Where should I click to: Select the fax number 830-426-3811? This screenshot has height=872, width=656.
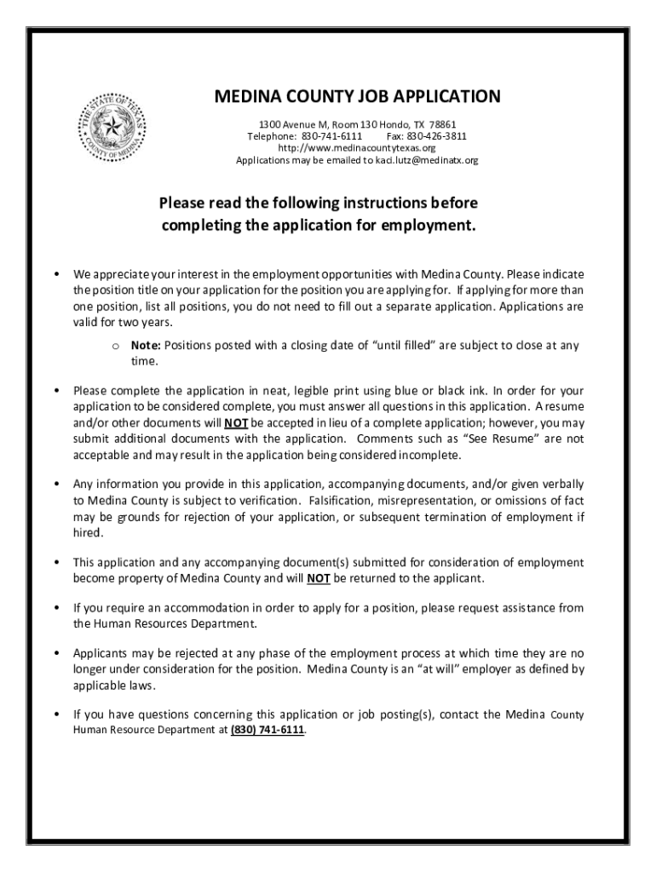pos(437,135)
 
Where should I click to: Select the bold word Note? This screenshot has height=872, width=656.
pos(146,345)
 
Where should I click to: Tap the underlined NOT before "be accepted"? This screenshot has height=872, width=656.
pos(236,422)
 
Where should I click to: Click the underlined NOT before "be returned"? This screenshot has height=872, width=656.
pos(319,578)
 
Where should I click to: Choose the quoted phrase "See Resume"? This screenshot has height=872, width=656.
pos(519,439)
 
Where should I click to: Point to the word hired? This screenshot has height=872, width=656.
pos(88,532)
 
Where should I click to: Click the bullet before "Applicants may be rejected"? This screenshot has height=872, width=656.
pos(55,653)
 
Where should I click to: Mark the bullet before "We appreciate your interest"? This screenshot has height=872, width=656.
pos(55,275)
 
